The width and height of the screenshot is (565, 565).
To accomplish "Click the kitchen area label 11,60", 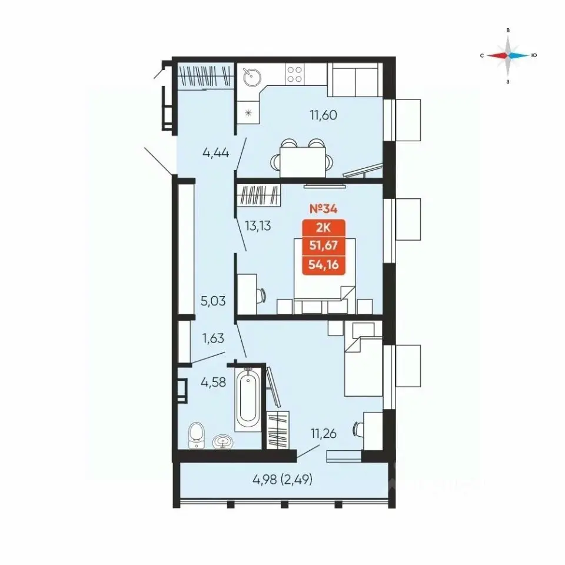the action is (323, 115).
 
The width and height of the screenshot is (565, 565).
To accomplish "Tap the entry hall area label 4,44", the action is (216, 153).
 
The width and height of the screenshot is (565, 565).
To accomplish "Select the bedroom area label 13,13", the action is (258, 226).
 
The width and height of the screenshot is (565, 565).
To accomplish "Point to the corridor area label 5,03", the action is (213, 301).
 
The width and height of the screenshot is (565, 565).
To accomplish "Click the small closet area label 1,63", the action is (213, 338).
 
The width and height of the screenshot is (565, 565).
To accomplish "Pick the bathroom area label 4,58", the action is (213, 382).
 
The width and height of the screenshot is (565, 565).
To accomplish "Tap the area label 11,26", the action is (323, 434).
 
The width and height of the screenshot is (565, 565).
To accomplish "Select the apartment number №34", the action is (323, 208).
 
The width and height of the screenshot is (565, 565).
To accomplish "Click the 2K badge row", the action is (324, 228).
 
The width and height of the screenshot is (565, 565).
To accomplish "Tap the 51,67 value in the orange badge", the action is (324, 245).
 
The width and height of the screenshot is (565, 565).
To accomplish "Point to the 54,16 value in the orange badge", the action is (324, 265).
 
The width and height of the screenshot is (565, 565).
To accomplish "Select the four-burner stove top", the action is (294, 74).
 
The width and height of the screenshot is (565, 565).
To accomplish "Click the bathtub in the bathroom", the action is (248, 398).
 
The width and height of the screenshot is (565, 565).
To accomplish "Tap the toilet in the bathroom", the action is (196, 436).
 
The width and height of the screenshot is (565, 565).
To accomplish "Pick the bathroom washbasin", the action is (222, 441).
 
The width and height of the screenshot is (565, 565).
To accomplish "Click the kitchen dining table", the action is (303, 162).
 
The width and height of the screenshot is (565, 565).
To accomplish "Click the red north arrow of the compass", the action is (497, 55).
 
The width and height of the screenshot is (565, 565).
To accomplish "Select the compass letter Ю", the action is (534, 55).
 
